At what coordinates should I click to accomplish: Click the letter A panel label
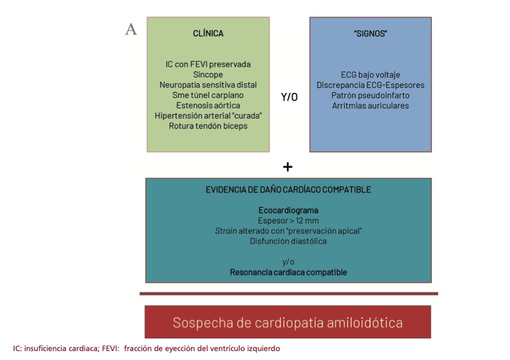coord(131,29)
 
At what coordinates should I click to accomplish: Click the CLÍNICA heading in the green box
coord(208,34)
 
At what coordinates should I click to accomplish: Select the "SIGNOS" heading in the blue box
coord(370,34)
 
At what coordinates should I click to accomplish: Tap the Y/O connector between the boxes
coord(289,98)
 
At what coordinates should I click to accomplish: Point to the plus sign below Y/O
coord(288,167)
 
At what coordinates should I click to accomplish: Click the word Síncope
coord(208,75)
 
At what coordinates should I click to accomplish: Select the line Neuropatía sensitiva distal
coord(208,84)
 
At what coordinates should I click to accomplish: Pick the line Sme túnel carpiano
coord(208,95)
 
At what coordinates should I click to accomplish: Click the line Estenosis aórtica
coord(208,105)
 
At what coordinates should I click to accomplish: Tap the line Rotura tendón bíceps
coord(208,126)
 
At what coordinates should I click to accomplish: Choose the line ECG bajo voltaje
coord(370,75)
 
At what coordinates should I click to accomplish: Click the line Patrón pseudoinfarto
coord(370,95)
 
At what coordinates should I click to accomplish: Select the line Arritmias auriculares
coord(370,105)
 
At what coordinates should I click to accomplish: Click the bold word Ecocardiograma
coord(289,210)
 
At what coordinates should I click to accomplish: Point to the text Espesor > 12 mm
coord(289,220)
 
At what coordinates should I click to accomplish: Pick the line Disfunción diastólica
coord(289,241)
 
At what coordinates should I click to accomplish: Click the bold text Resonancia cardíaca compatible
coord(289,272)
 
